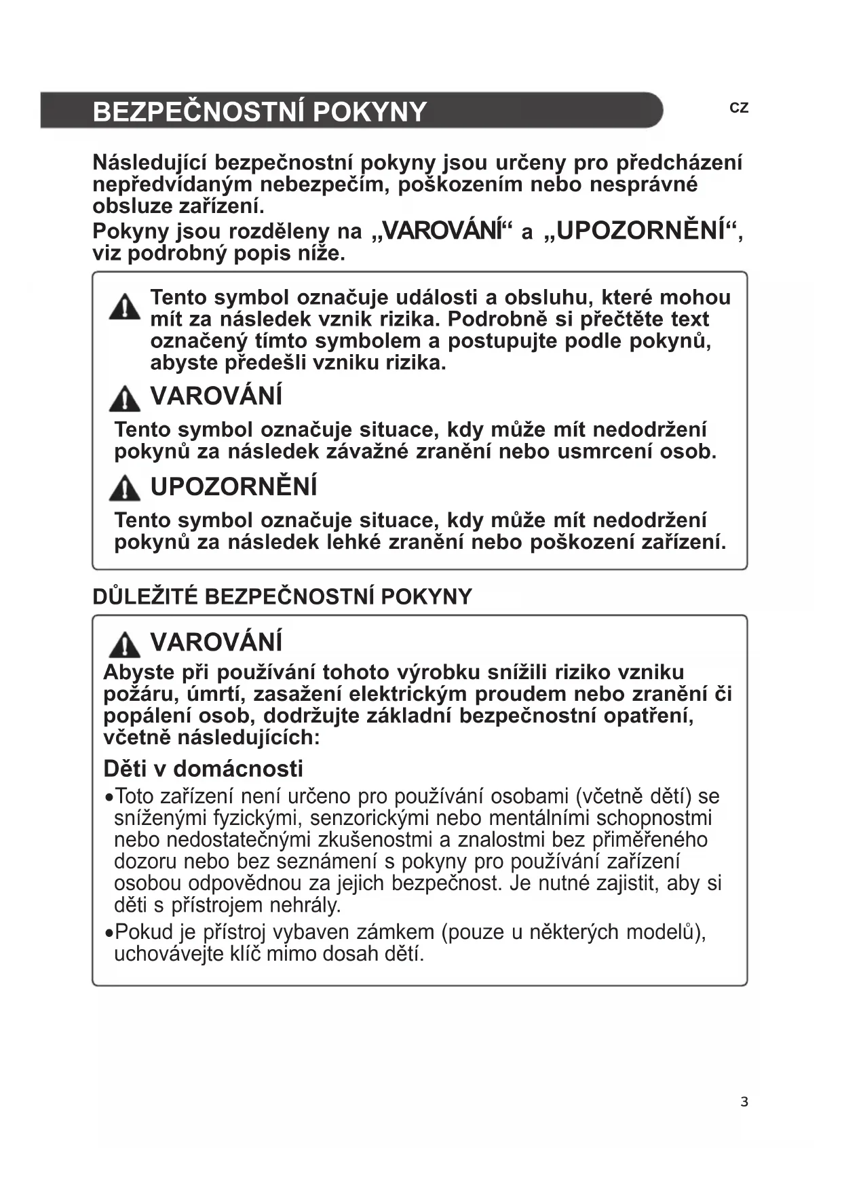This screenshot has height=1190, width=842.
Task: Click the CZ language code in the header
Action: [x=739, y=108]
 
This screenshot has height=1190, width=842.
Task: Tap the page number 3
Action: [x=744, y=1102]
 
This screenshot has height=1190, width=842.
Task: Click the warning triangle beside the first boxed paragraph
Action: [x=124, y=307]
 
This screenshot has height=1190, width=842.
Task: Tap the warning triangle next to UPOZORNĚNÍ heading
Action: [x=124, y=488]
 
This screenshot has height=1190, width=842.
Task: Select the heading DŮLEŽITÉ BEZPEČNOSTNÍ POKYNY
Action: [x=282, y=597]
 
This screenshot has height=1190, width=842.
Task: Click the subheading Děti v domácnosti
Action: [x=203, y=769]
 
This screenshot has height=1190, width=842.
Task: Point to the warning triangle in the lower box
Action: [x=124, y=644]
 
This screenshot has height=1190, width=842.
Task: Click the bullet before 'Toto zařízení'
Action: [x=109, y=798]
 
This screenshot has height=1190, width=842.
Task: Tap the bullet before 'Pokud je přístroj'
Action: [x=109, y=934]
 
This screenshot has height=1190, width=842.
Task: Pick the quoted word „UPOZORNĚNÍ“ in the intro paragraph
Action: [x=640, y=231]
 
